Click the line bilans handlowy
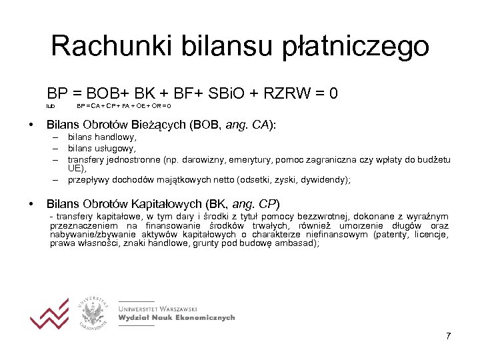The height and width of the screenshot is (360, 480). tap(102, 137)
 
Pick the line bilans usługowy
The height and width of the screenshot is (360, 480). tap(102, 148)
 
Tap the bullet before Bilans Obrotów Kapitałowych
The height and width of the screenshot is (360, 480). tap(30, 203)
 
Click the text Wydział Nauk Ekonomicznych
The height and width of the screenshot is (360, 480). tap(177, 318)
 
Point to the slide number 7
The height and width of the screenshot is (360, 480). tap(449, 335)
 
